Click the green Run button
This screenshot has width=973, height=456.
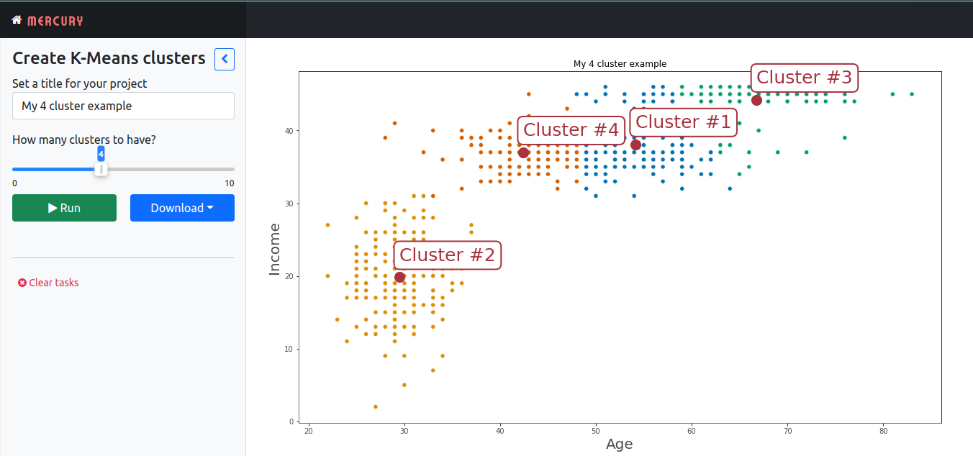click(64, 208)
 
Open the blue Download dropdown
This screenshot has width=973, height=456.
click(182, 208)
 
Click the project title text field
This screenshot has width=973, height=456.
click(123, 106)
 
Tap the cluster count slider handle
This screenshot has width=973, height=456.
click(101, 169)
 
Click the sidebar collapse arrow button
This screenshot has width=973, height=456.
click(225, 59)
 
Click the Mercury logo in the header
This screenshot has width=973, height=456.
click(47, 21)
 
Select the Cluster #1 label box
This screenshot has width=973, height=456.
click(683, 122)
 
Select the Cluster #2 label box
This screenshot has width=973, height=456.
click(447, 255)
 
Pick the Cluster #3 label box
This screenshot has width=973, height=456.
click(804, 77)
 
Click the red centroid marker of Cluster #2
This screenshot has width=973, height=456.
click(400, 277)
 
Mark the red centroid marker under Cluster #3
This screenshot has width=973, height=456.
click(756, 100)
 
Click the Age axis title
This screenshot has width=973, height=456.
click(619, 444)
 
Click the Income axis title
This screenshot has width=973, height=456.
click(274, 249)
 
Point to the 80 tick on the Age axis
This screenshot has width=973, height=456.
click(883, 431)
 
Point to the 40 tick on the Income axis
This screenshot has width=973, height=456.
click(288, 131)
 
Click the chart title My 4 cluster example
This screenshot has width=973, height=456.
click(620, 64)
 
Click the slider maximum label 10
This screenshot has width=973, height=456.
click(229, 183)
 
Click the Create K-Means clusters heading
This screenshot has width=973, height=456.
click(109, 59)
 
